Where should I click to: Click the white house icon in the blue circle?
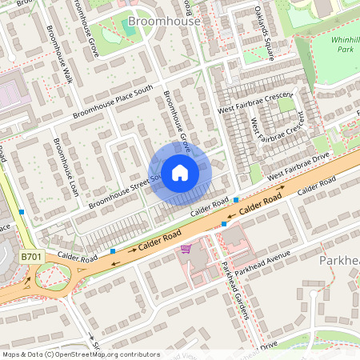[x=180, y=172]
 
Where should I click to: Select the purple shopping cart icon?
[x=186, y=249]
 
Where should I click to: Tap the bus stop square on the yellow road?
[x=22, y=212]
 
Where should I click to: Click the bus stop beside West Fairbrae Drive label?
[x=237, y=199]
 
